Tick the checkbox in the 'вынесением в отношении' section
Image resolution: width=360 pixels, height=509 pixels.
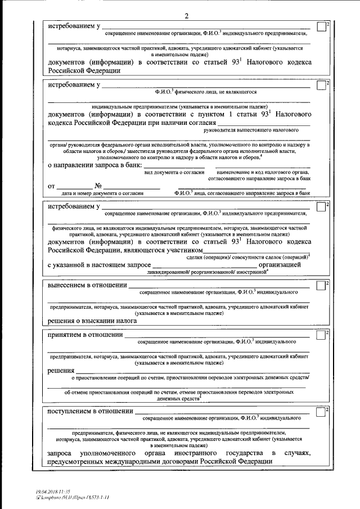(x=320, y=287)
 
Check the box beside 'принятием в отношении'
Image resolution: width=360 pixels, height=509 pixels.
(x=320, y=336)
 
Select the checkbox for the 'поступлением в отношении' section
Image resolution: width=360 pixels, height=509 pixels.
(x=320, y=412)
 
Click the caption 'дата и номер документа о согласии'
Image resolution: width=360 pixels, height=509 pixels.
(x=101, y=193)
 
